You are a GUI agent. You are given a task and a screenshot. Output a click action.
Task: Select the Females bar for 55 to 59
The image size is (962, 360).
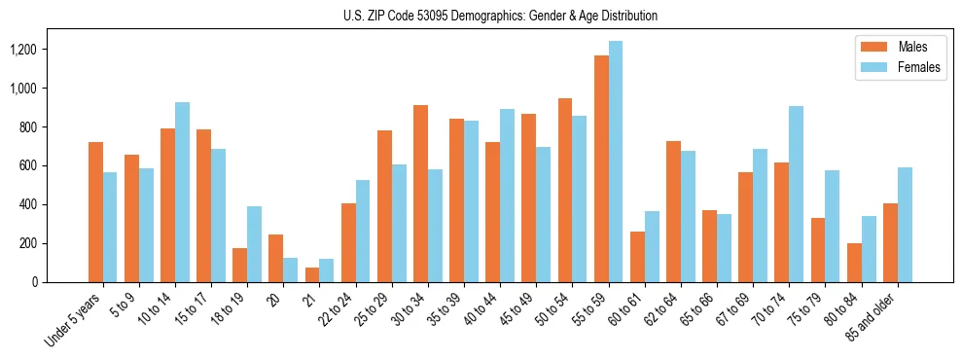(x=616, y=162)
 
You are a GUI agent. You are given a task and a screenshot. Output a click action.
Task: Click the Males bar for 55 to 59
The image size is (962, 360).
(x=601, y=168)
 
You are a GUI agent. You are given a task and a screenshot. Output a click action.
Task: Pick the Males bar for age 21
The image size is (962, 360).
(x=312, y=274)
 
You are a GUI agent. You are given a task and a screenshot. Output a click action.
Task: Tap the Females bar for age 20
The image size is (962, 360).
(x=291, y=270)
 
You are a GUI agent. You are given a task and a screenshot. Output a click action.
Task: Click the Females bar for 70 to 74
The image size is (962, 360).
(x=796, y=194)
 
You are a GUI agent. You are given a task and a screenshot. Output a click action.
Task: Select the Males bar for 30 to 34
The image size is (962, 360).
(x=420, y=194)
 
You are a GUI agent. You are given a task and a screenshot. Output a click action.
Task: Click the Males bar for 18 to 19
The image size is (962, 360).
(x=240, y=265)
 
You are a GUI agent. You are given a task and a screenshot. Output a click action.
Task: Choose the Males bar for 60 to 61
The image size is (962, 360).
(x=637, y=257)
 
